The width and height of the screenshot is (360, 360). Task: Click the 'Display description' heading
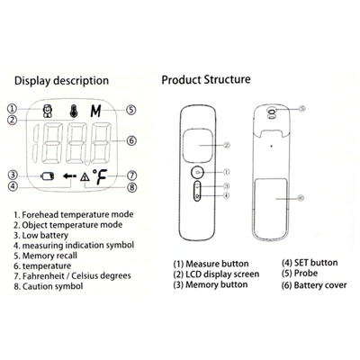tap(61, 81)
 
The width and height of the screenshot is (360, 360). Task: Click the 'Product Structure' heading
tap(206, 80)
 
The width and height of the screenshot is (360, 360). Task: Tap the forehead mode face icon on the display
tap(47, 111)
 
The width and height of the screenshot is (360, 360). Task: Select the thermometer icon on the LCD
tap(74, 111)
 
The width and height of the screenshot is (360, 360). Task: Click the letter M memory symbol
tap(96, 111)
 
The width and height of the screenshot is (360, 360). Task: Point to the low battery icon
tap(48, 176)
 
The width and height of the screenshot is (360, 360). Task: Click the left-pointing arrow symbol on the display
tap(69, 175)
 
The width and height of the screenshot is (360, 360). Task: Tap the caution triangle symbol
tap(85, 176)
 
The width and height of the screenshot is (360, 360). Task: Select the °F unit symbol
tap(100, 177)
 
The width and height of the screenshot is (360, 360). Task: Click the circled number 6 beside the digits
tap(131, 140)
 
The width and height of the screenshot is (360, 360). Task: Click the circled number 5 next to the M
tap(130, 110)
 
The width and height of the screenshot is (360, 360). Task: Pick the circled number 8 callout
tap(131, 188)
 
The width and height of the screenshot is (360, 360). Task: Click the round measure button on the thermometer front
tap(197, 173)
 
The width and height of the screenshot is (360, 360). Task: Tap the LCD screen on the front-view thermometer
tap(198, 145)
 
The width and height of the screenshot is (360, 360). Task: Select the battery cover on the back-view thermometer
tap(272, 208)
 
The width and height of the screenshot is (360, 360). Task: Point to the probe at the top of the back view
tap(272, 113)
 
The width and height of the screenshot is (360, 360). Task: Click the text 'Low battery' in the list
tap(45, 235)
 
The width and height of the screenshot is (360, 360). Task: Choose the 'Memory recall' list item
tap(49, 256)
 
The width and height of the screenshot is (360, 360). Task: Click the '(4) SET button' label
tap(310, 263)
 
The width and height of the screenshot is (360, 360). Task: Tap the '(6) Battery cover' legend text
tap(314, 285)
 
